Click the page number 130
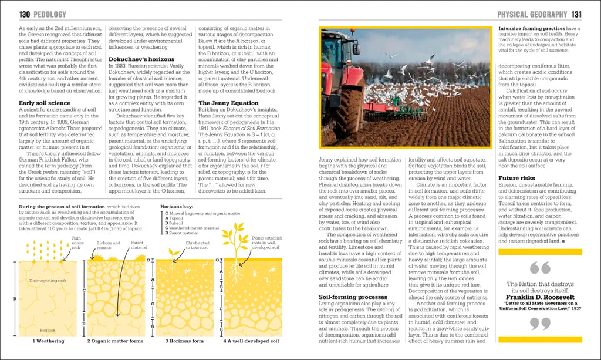click(x=24, y=14)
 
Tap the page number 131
click(x=576, y=14)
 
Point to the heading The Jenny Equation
click(x=228, y=103)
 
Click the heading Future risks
click(x=516, y=178)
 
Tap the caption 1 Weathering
click(x=50, y=341)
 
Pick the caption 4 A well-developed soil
click(x=251, y=341)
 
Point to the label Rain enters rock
click(x=77, y=243)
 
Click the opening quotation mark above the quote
click(x=539, y=268)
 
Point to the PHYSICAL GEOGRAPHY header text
click(x=532, y=14)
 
